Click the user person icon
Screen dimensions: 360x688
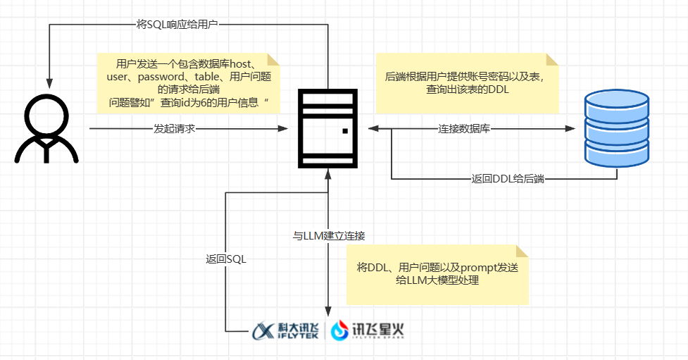pyautogui.click(x=46, y=127)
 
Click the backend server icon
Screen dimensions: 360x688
pyautogui.click(x=327, y=128)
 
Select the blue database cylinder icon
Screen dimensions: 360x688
pyautogui.click(x=617, y=130)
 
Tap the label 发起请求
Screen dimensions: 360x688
pyautogui.click(x=174, y=129)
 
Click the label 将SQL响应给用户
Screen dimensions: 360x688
pyautogui.click(x=177, y=24)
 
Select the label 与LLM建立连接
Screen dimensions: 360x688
pyautogui.click(x=328, y=235)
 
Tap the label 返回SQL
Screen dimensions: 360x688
pyautogui.click(x=222, y=259)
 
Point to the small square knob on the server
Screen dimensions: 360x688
pyautogui.click(x=344, y=131)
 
